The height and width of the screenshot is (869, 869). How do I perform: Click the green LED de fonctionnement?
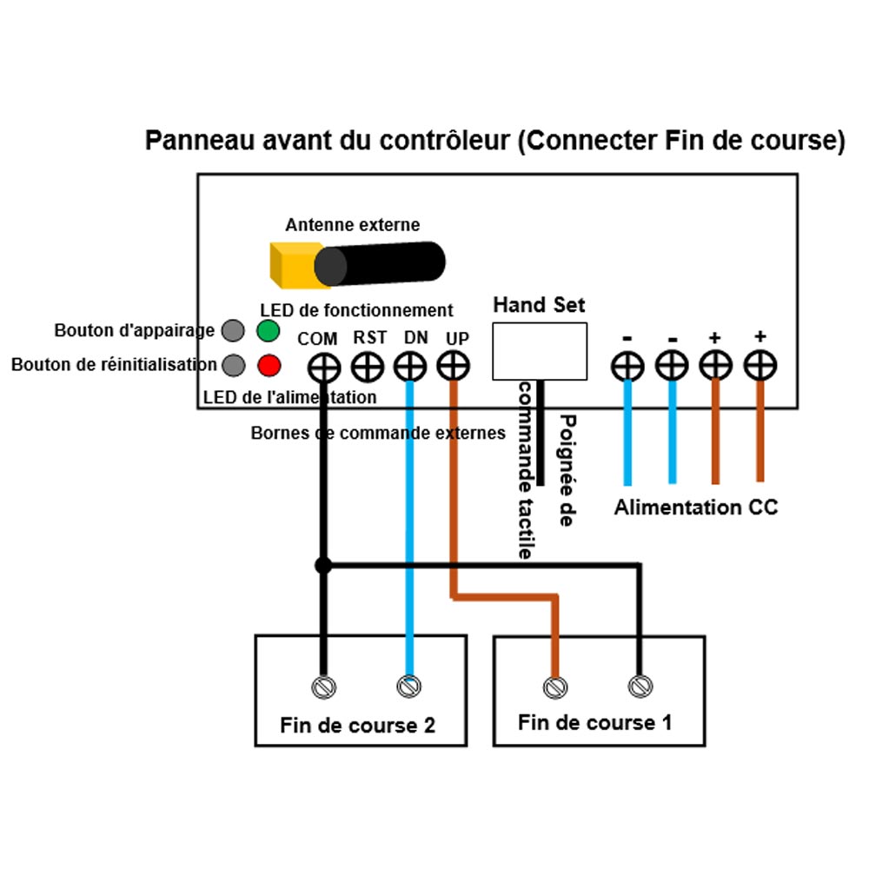coord(268,330)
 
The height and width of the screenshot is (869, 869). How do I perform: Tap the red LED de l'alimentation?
coord(269,366)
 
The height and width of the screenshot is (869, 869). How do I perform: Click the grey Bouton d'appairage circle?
coord(233,330)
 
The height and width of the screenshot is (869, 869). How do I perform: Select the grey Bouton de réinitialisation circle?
coord(233,366)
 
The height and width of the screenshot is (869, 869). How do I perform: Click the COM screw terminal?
coord(322,367)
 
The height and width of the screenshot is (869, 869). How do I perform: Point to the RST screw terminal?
coord(367,367)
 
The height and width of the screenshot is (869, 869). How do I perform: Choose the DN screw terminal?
coord(408,367)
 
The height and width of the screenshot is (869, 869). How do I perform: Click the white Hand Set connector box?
coord(539,350)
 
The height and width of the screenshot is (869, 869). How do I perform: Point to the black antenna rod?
coord(382,262)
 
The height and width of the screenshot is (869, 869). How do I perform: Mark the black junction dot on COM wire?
coord(323,565)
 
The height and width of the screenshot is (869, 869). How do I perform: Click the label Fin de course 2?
coord(357,726)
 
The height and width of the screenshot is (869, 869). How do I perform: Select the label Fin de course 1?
coord(594,722)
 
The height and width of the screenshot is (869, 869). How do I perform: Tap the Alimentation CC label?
coord(696,507)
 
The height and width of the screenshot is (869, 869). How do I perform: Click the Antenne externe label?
coord(352,225)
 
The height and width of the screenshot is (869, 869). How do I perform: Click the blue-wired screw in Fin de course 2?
coord(408,687)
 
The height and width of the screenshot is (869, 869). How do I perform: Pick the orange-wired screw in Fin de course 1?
coord(556,687)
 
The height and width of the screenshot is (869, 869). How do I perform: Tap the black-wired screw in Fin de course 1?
coord(640,687)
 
